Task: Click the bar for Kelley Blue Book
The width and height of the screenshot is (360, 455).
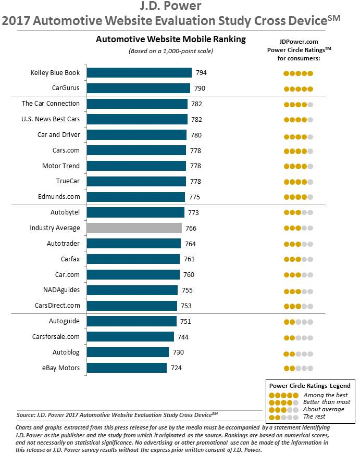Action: pyautogui.click(x=139, y=73)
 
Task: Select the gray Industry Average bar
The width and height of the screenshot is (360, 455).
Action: pyautogui.click(x=134, y=228)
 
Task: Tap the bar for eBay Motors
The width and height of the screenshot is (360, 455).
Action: pyautogui.click(x=127, y=368)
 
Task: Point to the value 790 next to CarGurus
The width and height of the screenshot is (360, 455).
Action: pyautogui.click(x=200, y=89)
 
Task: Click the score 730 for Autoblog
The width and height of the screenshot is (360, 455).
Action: pyautogui.click(x=178, y=352)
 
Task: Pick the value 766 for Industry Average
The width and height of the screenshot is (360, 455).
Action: pyautogui.click(x=191, y=229)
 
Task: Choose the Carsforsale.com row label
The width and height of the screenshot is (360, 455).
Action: pyautogui.click(x=56, y=337)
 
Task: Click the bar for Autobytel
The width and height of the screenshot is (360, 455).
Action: pyautogui.click(x=135, y=212)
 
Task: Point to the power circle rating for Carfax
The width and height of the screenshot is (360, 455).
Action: pyautogui.click(x=298, y=259)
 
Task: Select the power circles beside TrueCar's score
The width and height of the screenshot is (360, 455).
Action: pyautogui.click(x=298, y=182)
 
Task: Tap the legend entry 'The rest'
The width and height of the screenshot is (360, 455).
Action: pyautogui.click(x=315, y=416)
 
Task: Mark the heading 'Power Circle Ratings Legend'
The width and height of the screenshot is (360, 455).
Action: pyautogui.click(x=309, y=386)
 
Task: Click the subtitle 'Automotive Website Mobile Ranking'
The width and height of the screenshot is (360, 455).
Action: pyautogui.click(x=171, y=40)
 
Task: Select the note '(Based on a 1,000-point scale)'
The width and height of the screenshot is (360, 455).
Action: pyautogui.click(x=171, y=50)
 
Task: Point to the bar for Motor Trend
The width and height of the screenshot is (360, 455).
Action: pyautogui.click(x=136, y=166)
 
